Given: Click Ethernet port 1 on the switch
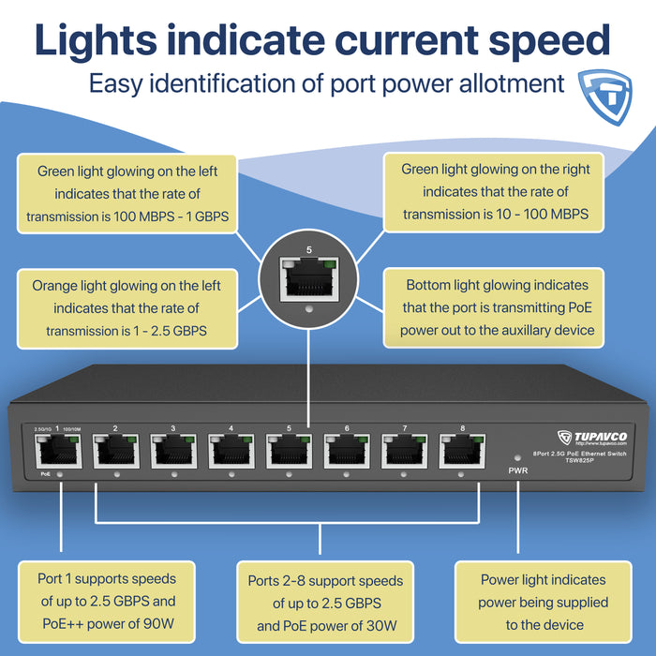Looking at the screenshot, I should click(57, 453).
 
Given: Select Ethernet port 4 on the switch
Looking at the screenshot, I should click(231, 453).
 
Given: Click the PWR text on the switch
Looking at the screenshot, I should click(518, 470).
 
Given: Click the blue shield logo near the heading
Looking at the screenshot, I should click(606, 89).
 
